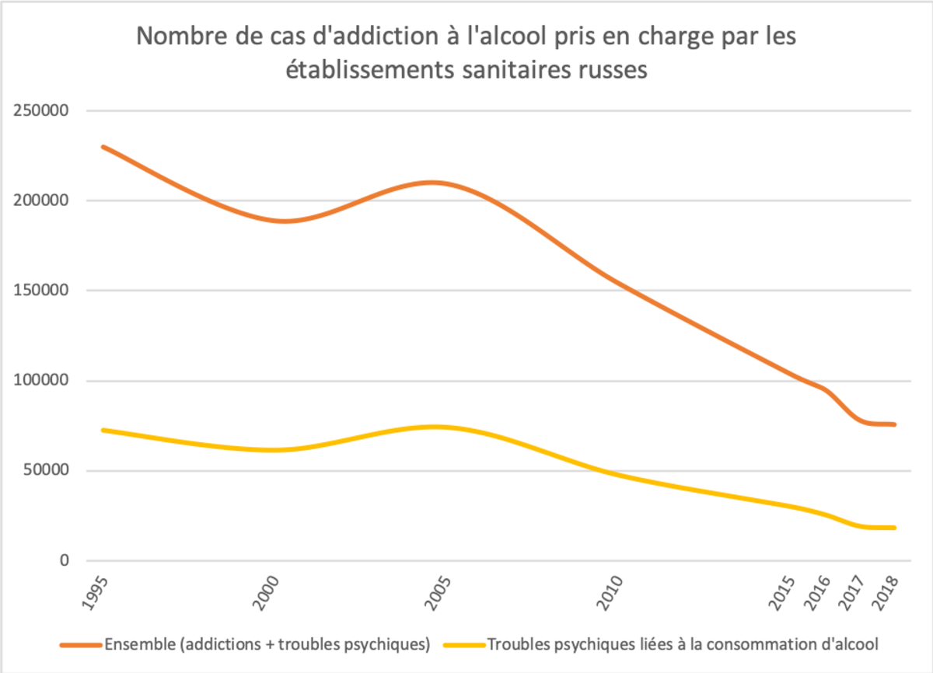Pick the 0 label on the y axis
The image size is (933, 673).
(x=64, y=561)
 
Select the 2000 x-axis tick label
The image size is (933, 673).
(x=267, y=594)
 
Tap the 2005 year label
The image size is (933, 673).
(x=440, y=594)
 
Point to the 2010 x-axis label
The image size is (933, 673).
(x=613, y=594)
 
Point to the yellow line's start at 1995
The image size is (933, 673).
(x=103, y=430)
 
